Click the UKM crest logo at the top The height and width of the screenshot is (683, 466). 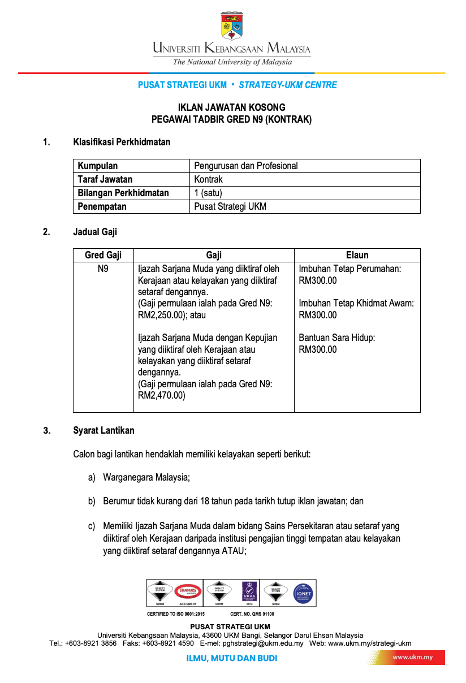click(232, 25)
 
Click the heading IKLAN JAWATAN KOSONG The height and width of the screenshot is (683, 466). click(232, 107)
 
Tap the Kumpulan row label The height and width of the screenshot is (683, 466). click(98, 166)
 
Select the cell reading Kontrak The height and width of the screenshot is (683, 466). click(209, 179)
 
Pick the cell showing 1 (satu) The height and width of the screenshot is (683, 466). click(208, 193)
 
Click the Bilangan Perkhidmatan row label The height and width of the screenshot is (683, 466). click(123, 193)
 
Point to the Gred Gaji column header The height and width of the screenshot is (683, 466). click(103, 255)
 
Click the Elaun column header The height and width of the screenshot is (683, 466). click(357, 255)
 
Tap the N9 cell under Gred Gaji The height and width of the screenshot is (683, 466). click(103, 269)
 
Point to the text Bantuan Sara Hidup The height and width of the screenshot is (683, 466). click(336, 338)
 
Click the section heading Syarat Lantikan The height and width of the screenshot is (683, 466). click(103, 430)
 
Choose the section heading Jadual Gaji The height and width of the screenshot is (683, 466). click(95, 231)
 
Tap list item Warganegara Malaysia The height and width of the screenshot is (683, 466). click(146, 477)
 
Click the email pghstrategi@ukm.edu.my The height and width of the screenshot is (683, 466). click(263, 643)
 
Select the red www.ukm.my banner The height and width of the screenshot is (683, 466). click(412, 658)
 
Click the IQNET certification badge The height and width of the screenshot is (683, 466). click(303, 593)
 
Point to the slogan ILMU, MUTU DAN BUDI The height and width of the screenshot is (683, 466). click(232, 658)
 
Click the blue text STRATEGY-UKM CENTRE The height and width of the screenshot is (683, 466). click(288, 85)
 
